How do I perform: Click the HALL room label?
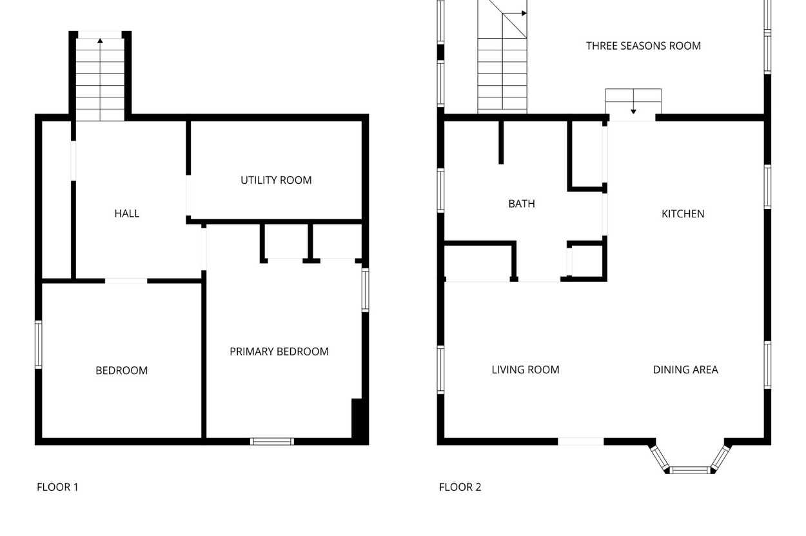pyautogui.click(x=126, y=213)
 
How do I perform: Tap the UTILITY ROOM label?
pyautogui.click(x=276, y=180)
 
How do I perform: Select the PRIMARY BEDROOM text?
pyautogui.click(x=279, y=352)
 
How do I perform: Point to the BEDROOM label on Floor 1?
pyautogui.click(x=122, y=370)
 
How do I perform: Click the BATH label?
pyautogui.click(x=522, y=204)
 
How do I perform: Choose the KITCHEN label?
pyautogui.click(x=683, y=214)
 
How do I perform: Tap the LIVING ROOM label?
pyautogui.click(x=526, y=370)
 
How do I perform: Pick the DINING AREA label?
pyautogui.click(x=685, y=370)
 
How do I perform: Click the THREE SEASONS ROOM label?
pyautogui.click(x=643, y=46)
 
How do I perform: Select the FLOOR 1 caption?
pyautogui.click(x=57, y=487)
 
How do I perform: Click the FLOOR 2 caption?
pyautogui.click(x=460, y=487)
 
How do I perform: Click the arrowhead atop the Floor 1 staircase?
pyautogui.click(x=100, y=41)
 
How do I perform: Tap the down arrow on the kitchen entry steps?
pyautogui.click(x=633, y=112)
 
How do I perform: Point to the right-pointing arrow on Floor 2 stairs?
pyautogui.click(x=524, y=14)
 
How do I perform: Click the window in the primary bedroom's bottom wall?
pyautogui.click(x=272, y=441)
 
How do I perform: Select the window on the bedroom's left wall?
pyautogui.click(x=39, y=344)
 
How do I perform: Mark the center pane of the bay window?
pyautogui.click(x=690, y=470)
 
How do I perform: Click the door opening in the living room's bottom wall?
pyautogui.click(x=581, y=441)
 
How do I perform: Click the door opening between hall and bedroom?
pyautogui.click(x=126, y=281)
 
